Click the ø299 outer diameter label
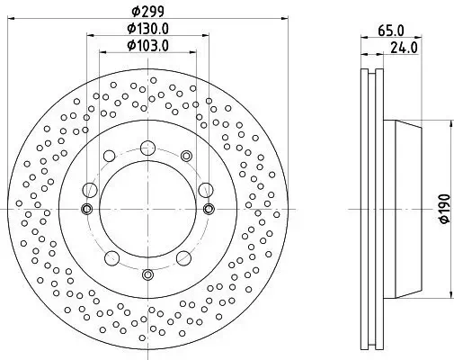pos(147,11)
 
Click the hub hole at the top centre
pos(147,144)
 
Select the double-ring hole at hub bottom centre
pos(147,274)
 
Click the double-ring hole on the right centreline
pos(209,209)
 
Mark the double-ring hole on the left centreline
pos(87,209)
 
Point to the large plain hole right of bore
pos(205,189)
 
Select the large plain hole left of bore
pos(90,189)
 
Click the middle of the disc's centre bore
pos(147,209)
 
